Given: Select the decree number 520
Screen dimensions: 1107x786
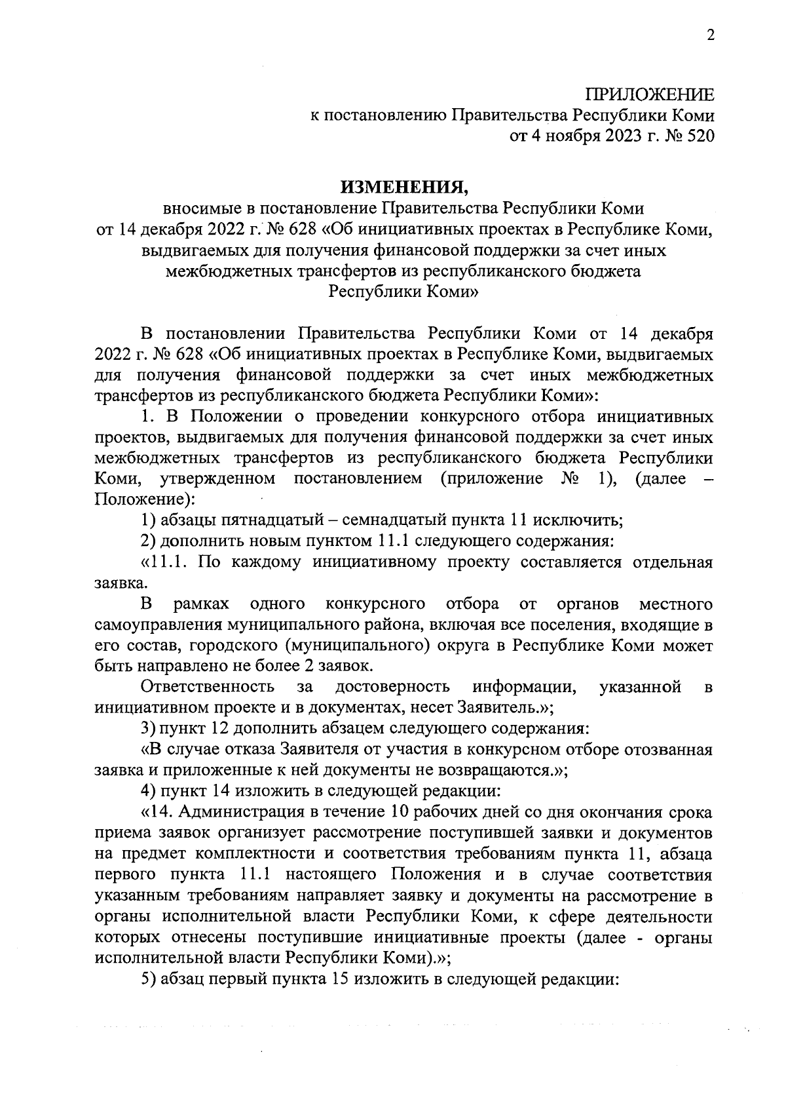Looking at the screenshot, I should point(698,137).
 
